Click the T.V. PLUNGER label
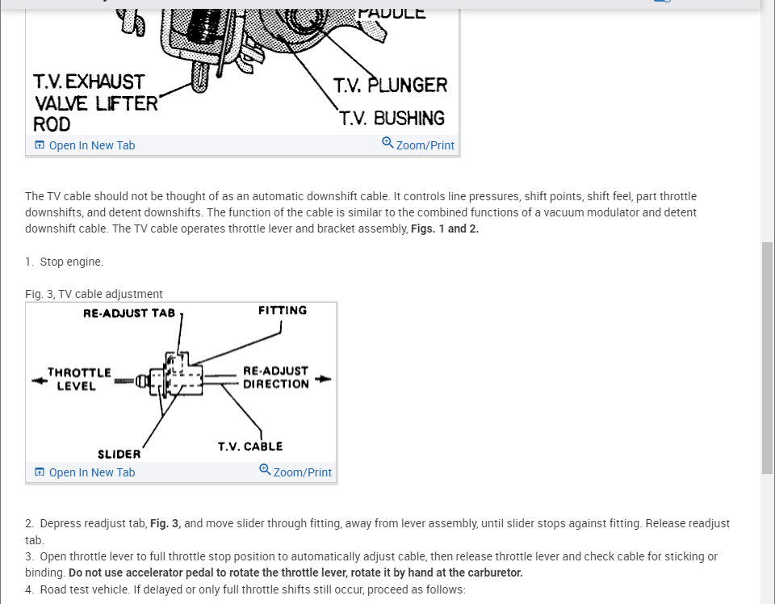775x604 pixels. [x=390, y=86]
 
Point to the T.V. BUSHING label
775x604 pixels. [x=392, y=118]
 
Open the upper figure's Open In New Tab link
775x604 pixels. [x=91, y=145]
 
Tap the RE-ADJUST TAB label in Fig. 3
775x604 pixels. [x=128, y=313]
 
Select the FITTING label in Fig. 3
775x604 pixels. [x=283, y=310]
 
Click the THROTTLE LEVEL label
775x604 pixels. [x=78, y=379]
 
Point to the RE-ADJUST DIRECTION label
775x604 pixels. [x=275, y=377]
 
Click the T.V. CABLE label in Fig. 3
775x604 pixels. [x=250, y=446]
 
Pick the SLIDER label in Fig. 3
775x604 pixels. [x=119, y=454]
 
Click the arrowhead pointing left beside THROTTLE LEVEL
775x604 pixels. [x=37, y=380]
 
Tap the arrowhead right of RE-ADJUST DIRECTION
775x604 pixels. [x=325, y=378]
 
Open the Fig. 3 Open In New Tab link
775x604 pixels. [x=91, y=472]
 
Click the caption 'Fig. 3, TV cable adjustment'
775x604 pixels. [x=94, y=294]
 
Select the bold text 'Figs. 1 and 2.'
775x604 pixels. [x=445, y=229]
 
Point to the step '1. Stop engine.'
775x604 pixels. [x=65, y=262]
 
